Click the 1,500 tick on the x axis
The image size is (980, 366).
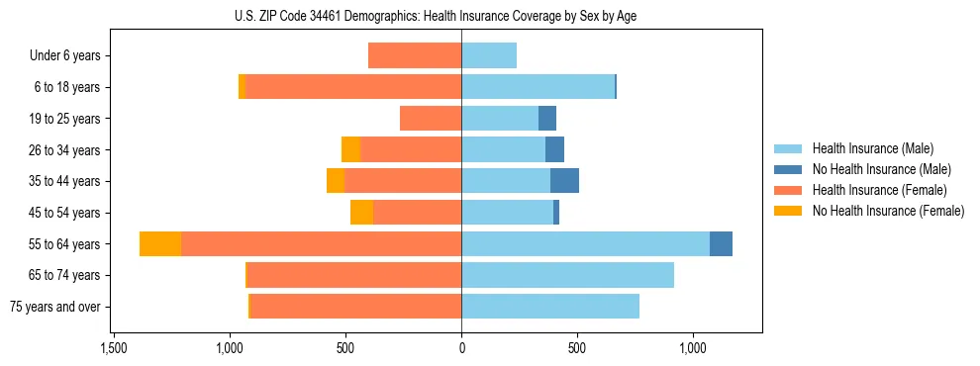point(114,349)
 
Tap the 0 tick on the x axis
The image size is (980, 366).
point(461,349)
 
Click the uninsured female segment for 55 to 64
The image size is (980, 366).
point(160,243)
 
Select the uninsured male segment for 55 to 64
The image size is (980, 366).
point(721,243)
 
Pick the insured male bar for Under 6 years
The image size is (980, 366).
point(489,55)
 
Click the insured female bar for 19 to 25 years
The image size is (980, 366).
point(431,118)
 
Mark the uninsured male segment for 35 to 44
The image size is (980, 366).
point(564,181)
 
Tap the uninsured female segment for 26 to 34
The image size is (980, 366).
point(350,149)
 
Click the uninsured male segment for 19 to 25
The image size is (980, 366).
point(547,118)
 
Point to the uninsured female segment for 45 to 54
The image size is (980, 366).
point(361,212)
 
